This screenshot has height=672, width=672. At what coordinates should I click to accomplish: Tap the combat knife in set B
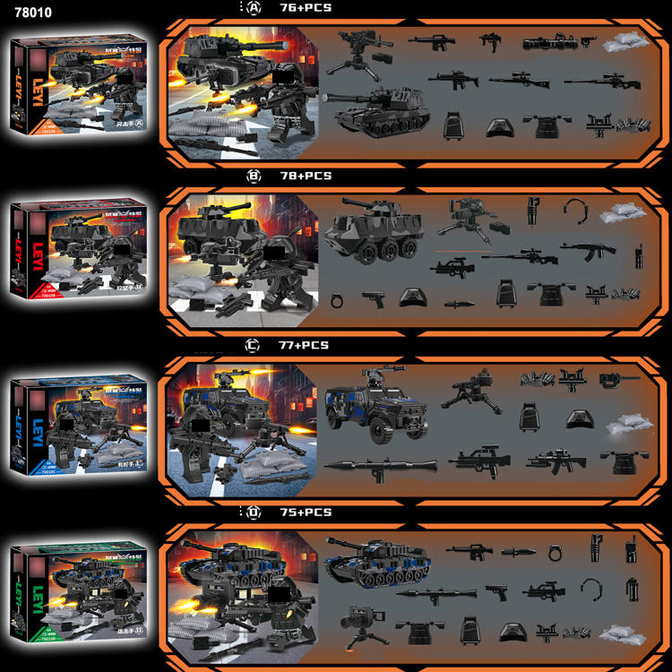pos(456,304)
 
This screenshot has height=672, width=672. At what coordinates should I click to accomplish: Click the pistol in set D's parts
pos(495,591)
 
